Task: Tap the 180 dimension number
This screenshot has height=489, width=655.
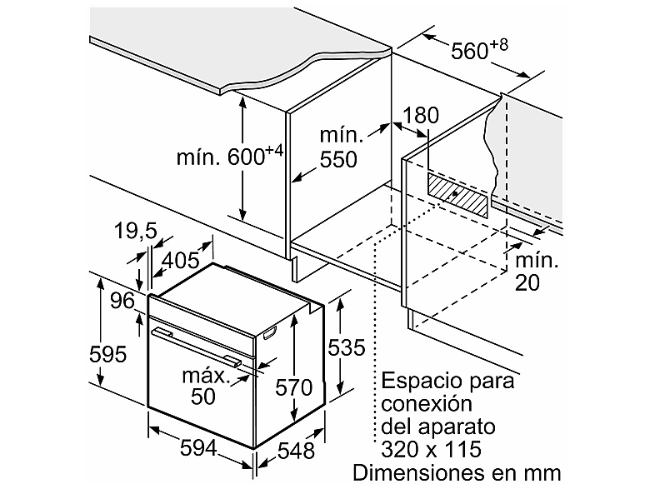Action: pyautogui.click(x=421, y=115)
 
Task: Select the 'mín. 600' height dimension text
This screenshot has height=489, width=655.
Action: pyautogui.click(x=230, y=156)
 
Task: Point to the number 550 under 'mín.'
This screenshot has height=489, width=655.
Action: pyautogui.click(x=338, y=159)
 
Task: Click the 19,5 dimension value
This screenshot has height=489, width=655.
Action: pyautogui.click(x=135, y=231)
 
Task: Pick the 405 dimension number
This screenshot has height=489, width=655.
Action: pyautogui.click(x=181, y=261)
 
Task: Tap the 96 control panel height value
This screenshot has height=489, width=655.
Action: pyautogui.click(x=122, y=301)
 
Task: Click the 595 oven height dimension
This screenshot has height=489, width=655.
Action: pyautogui.click(x=107, y=355)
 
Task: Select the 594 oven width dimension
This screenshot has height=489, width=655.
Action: pyautogui.click(x=198, y=448)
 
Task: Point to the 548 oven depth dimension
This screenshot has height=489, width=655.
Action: pyautogui.click(x=296, y=451)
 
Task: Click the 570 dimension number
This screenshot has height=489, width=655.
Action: pyautogui.click(x=293, y=387)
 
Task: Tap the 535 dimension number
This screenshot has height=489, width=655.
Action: pyautogui.click(x=347, y=347)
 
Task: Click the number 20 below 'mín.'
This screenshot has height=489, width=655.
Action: pyautogui.click(x=527, y=282)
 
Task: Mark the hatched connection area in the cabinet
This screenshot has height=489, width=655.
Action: pyautogui.click(x=457, y=195)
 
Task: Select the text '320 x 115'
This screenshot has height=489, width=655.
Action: pyautogui.click(x=431, y=449)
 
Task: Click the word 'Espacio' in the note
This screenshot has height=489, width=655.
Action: pyautogui.click(x=422, y=382)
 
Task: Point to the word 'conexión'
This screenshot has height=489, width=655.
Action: pyautogui.click(x=427, y=403)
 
